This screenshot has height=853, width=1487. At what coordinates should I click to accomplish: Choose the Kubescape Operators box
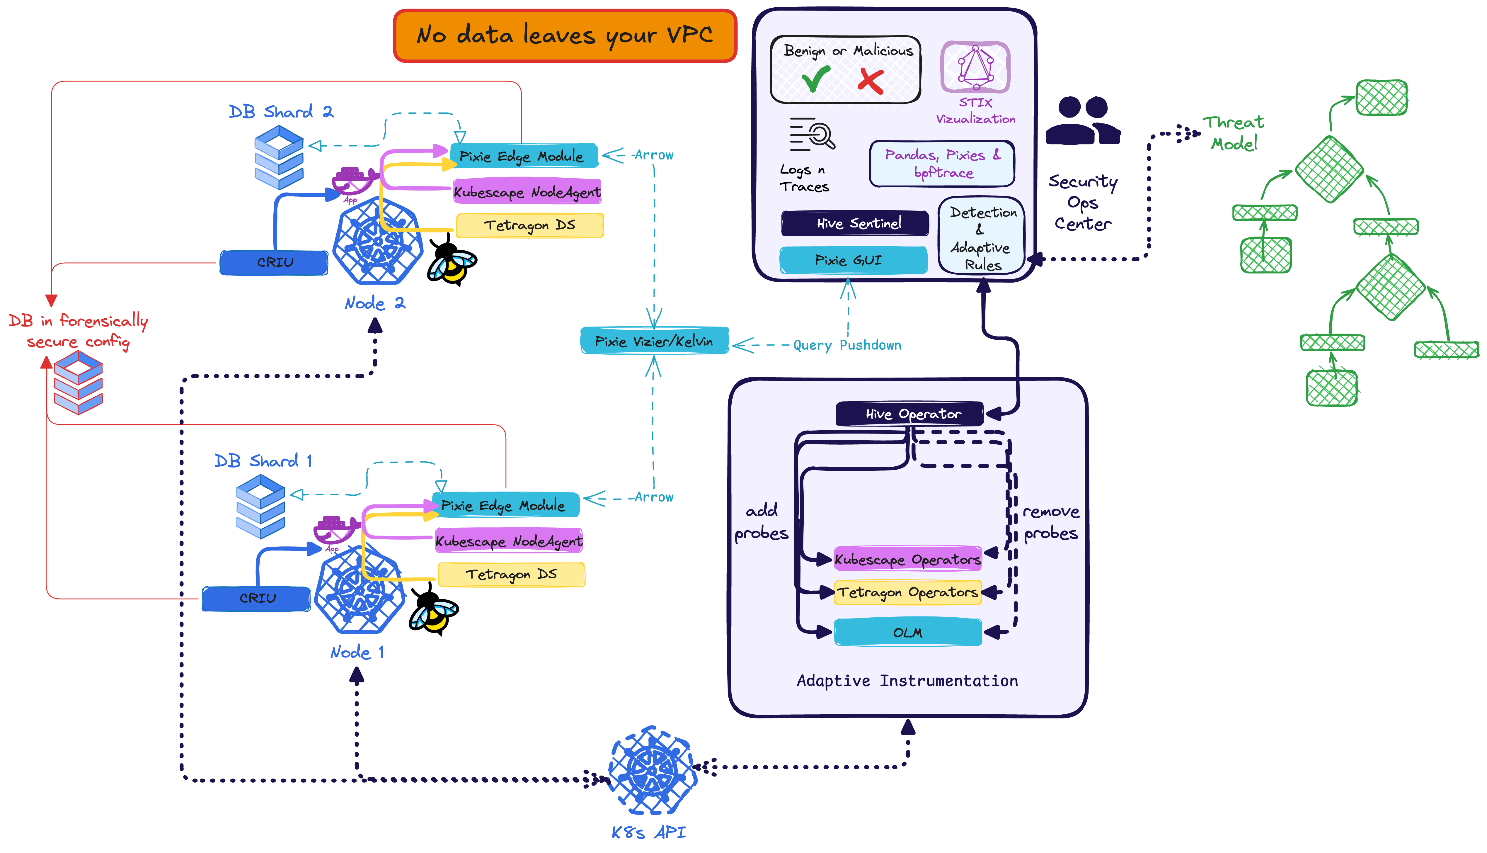(907, 559)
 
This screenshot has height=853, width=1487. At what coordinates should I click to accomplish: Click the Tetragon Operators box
(907, 592)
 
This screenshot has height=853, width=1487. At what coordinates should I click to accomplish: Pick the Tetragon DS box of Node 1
(511, 574)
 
